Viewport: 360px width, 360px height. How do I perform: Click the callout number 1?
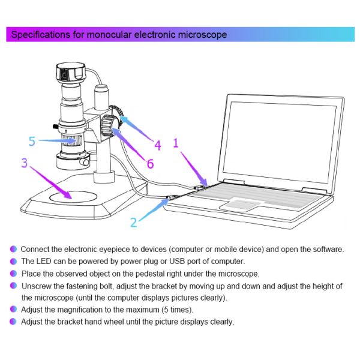176,143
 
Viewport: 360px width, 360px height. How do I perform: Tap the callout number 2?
134,223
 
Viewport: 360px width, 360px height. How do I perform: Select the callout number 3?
24,163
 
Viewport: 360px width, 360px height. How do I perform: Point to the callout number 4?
157,145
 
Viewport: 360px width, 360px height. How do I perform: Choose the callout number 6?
149,163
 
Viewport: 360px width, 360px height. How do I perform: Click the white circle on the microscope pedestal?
71,195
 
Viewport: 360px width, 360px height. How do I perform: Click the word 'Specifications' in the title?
40,35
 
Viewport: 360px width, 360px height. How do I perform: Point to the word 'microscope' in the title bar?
202,35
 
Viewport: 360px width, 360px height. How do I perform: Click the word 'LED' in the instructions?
46,261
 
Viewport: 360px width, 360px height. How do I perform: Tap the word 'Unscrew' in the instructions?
38,286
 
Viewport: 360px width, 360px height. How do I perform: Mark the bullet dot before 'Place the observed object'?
13,274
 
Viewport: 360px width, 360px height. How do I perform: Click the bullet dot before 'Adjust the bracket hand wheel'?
13,322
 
